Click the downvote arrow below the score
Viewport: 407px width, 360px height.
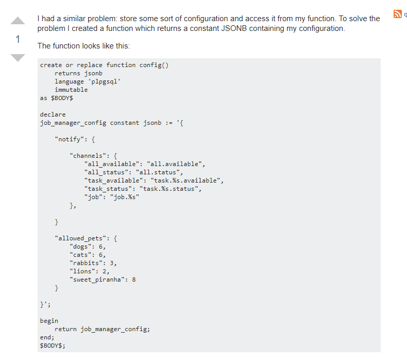(x=18, y=57)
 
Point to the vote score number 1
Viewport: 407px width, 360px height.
(x=18, y=39)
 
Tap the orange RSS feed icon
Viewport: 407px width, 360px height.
(x=397, y=14)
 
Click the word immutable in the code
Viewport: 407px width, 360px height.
(x=71, y=90)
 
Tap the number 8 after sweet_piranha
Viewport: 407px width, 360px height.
(x=134, y=280)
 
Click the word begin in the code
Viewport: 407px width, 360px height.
(x=49, y=321)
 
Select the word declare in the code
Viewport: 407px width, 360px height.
(x=53, y=114)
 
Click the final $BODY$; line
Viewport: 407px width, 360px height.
(x=53, y=346)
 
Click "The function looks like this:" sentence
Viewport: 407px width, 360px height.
(x=83, y=46)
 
